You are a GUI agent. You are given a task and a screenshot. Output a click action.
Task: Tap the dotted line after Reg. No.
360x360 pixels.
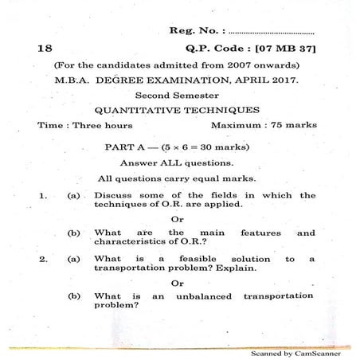(x=271, y=33)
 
